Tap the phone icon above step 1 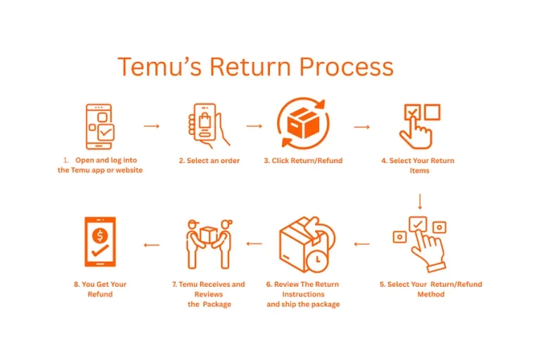(100, 127)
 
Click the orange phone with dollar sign (100, 242)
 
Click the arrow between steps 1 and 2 (152, 126)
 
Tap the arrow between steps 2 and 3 (254, 126)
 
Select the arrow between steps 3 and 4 (362, 127)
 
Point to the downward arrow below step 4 (420, 202)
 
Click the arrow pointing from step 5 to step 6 (361, 245)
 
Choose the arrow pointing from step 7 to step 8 (151, 245)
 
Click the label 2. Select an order (209, 161)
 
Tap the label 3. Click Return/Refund (303, 161)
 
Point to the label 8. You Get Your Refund (100, 289)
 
